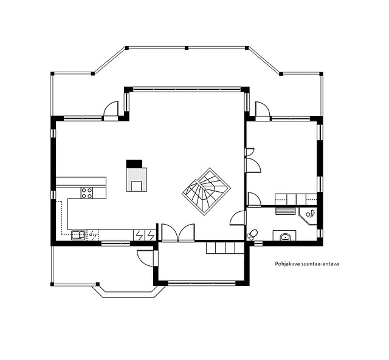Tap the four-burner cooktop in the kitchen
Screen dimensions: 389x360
[87, 193]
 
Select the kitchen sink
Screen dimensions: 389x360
[78, 235]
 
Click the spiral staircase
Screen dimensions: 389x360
[207, 191]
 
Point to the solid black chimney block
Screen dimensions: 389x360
[134, 164]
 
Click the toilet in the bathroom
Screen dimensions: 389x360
[252, 234]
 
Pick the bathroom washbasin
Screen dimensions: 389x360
[284, 237]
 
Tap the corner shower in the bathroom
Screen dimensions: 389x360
[308, 216]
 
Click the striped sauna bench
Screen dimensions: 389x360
[285, 211]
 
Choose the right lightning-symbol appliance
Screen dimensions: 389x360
[150, 235]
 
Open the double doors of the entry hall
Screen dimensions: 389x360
[178, 233]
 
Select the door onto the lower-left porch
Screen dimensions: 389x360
[145, 258]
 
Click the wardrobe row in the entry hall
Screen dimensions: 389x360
[225, 248]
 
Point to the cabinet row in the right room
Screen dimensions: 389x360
[296, 200]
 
